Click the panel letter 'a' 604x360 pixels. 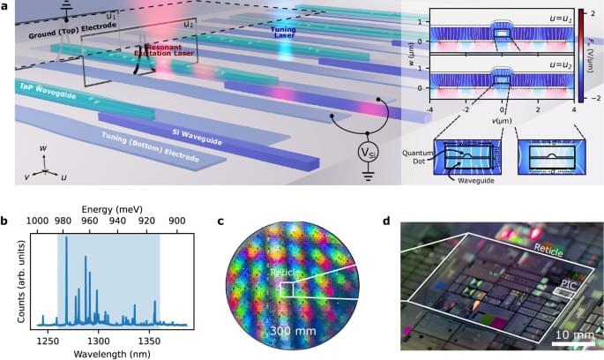point(7,6)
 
